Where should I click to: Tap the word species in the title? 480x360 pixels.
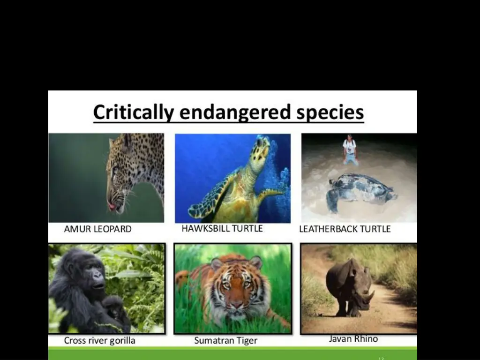[x=330, y=113]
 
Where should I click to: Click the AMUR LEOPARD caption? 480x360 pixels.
[x=97, y=229]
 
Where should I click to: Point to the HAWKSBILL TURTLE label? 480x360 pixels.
[x=222, y=229]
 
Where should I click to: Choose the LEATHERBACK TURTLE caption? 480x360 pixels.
[x=345, y=229]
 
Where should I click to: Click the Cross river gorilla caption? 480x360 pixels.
[x=99, y=341]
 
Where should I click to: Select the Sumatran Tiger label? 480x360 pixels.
[x=225, y=341]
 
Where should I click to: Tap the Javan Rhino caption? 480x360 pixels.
[x=353, y=338]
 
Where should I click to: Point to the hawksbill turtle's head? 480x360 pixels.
[x=259, y=150]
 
